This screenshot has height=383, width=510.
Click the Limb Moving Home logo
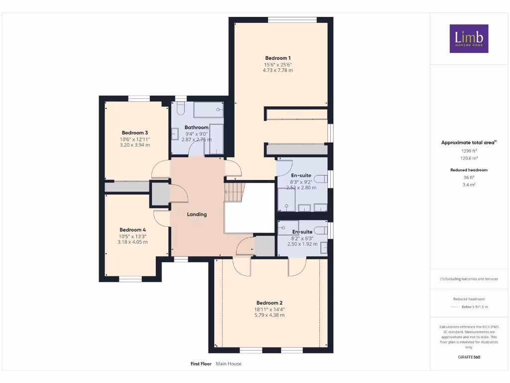(x=469, y=39)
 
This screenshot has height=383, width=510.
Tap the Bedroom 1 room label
(x=278, y=58)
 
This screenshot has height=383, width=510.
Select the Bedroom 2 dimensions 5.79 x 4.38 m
(x=269, y=315)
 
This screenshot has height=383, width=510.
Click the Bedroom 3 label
(x=135, y=133)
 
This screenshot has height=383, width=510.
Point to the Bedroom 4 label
(x=132, y=230)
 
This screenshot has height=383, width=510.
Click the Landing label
(x=197, y=214)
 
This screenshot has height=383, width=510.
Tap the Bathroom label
(x=196, y=128)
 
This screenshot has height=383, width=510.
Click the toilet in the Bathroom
(x=180, y=109)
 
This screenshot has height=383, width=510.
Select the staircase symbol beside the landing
(x=235, y=191)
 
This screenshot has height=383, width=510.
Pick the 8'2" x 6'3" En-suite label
(x=302, y=232)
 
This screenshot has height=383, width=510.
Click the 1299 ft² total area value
(x=468, y=150)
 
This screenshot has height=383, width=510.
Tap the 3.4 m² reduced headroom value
(x=468, y=184)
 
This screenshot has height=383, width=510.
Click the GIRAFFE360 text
(x=469, y=357)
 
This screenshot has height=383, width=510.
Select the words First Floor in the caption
(x=201, y=364)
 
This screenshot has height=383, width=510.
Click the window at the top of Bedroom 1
(x=292, y=20)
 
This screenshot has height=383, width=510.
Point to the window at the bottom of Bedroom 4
(x=131, y=279)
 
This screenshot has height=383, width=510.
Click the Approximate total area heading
(x=468, y=143)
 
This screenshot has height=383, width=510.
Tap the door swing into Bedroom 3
(x=160, y=170)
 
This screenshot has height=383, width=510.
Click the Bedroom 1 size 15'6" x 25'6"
(x=278, y=65)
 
